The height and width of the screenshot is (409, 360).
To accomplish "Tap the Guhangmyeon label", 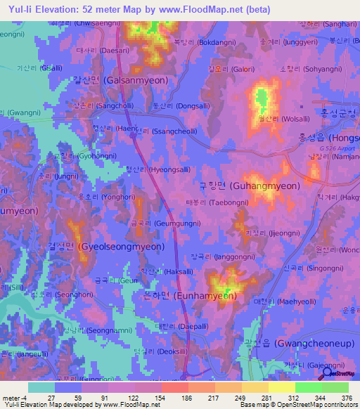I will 250,186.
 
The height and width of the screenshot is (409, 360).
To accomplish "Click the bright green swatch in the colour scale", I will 308,387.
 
